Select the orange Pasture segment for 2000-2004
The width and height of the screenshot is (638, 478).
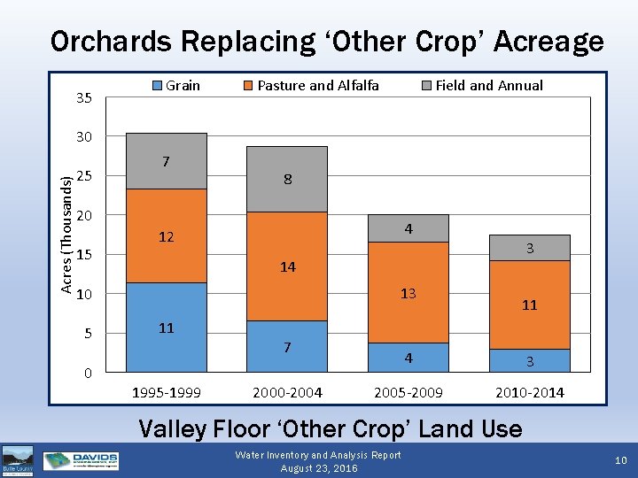tap(287, 266)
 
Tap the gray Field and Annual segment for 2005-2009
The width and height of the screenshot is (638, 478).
tap(408, 228)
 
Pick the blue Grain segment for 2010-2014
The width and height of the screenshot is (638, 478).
tap(529, 360)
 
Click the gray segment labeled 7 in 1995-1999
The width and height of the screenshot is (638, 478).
tap(167, 161)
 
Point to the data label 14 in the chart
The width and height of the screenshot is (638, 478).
tap(287, 266)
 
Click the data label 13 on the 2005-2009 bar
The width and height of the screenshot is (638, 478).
tap(408, 293)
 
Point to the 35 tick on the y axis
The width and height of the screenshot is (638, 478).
tap(84, 97)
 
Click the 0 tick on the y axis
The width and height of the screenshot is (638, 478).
tap(88, 373)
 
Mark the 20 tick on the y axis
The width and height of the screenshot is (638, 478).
tap(84, 216)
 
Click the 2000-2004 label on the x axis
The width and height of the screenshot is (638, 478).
tap(287, 392)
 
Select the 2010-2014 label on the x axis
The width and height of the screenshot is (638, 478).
tap(530, 392)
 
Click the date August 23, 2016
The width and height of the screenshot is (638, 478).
tap(318, 468)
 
